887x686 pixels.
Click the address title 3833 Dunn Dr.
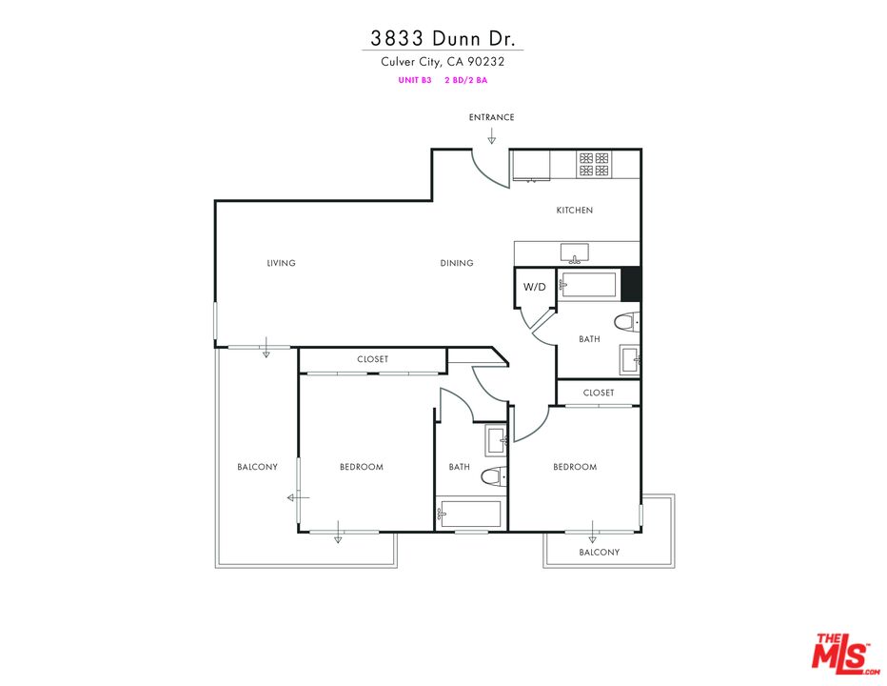[443, 38]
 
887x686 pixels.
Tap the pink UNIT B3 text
[415, 81]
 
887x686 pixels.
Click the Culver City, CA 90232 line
[443, 62]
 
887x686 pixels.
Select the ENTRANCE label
[491, 117]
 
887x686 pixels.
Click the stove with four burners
[595, 164]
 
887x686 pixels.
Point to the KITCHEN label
[575, 211]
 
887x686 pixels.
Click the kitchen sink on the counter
[574, 252]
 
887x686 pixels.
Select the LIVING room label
[282, 263]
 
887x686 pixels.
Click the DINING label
[457, 263]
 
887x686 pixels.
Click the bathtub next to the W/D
[587, 285]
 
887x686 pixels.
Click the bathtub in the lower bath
[468, 514]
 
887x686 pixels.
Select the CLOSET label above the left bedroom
[372, 359]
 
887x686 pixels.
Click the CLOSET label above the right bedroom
[599, 393]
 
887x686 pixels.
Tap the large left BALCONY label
[257, 467]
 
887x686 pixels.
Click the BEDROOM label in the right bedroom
[575, 467]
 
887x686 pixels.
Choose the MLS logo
[841, 654]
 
